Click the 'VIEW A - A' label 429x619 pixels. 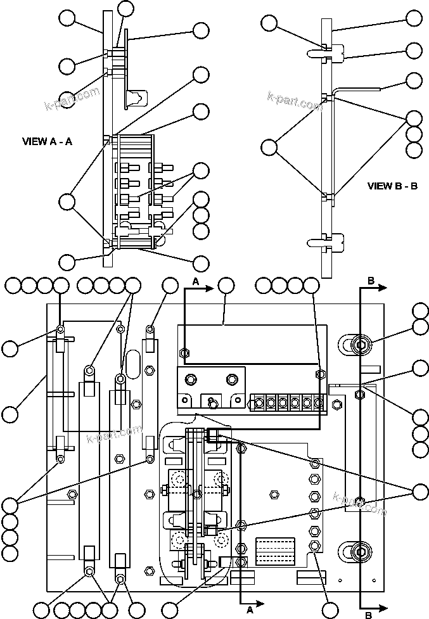pyautogui.click(x=47, y=142)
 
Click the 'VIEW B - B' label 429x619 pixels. pyautogui.click(x=392, y=186)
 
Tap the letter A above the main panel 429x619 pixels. pyautogui.click(x=196, y=280)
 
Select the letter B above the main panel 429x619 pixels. pyautogui.click(x=371, y=279)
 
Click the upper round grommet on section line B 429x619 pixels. pyautogui.click(x=359, y=345)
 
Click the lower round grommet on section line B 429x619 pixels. pyautogui.click(x=359, y=551)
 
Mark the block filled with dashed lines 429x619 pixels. pyautogui.click(x=274, y=551)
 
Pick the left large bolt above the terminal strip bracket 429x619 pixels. pyautogui.click(x=189, y=380)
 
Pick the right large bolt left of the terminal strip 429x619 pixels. pyautogui.click(x=230, y=380)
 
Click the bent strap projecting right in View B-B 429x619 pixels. pyautogui.click(x=358, y=90)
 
